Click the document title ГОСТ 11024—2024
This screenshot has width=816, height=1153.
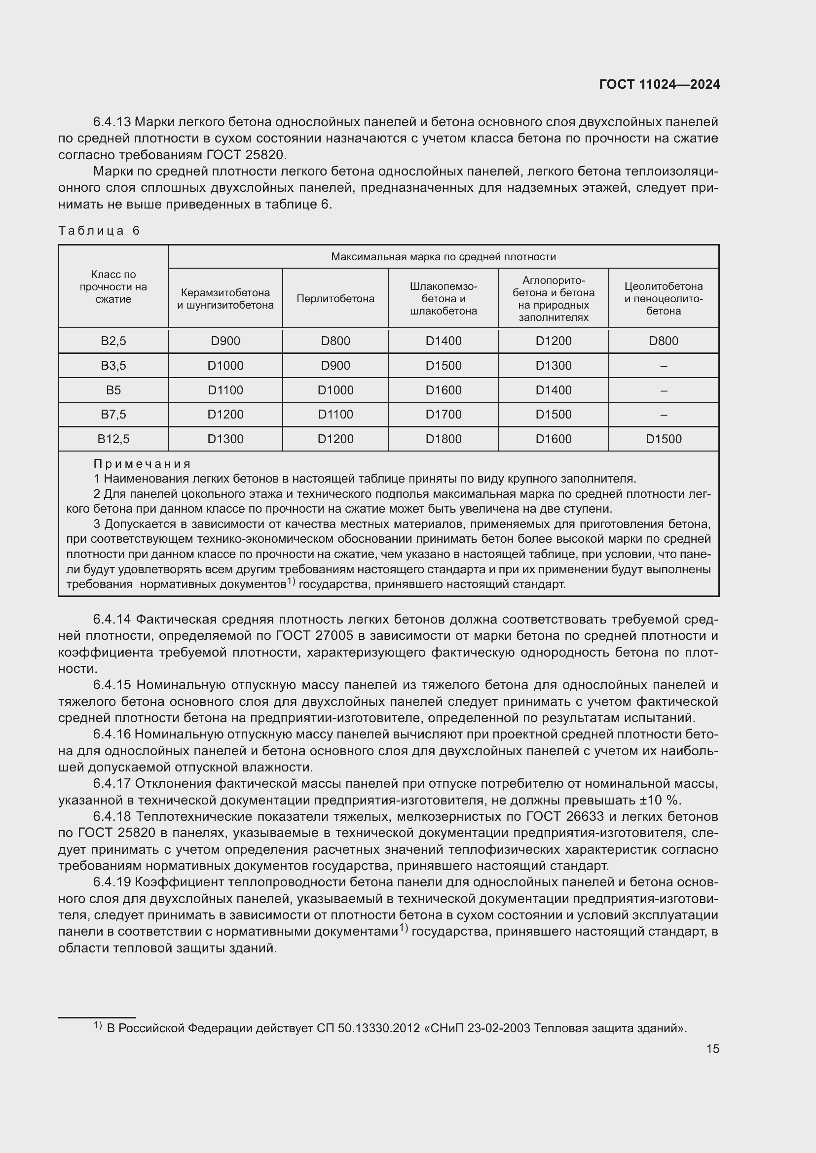(x=659, y=84)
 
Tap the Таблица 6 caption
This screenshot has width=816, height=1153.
(x=99, y=231)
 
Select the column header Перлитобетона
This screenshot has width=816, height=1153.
(x=335, y=299)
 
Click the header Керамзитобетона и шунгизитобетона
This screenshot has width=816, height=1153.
(x=225, y=299)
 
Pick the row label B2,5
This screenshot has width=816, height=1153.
(x=113, y=341)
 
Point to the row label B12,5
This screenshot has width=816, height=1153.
(x=113, y=439)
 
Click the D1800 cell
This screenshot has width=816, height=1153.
(x=443, y=439)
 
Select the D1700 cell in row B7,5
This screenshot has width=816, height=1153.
(x=443, y=414)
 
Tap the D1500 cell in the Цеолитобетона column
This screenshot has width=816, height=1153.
(x=663, y=439)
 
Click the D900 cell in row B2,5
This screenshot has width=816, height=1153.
(x=225, y=341)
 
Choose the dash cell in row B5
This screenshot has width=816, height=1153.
(x=663, y=390)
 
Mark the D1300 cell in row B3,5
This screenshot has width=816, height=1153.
(x=553, y=366)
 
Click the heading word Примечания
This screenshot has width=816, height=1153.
(x=142, y=463)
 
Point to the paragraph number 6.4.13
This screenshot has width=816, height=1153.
(x=112, y=122)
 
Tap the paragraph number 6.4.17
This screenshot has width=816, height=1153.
(x=112, y=783)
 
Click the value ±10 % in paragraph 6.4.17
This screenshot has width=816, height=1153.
(x=657, y=800)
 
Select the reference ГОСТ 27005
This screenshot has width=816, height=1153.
(x=307, y=636)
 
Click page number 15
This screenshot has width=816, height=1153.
(x=712, y=1048)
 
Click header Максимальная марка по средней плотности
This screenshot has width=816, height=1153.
(x=443, y=257)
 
